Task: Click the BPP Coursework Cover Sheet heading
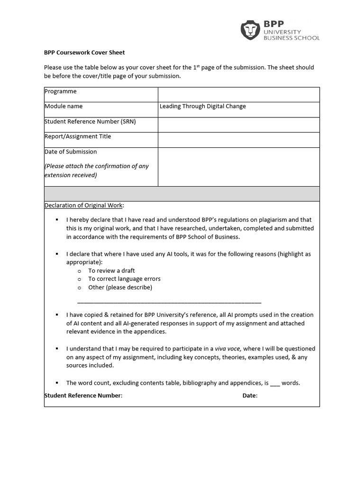pyautogui.click(x=84, y=53)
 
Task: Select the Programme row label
pyautogui.click(x=60, y=91)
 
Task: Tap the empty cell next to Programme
pyautogui.click(x=238, y=95)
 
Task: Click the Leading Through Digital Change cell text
pyautogui.click(x=202, y=106)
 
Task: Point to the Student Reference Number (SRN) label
pyautogui.click(x=90, y=121)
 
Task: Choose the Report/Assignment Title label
pyautogui.click(x=78, y=136)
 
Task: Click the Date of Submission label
pyautogui.click(x=71, y=152)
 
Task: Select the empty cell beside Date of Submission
pyautogui.click(x=238, y=166)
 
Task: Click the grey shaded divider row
pyautogui.click(x=182, y=194)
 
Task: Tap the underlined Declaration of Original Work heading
pyautogui.click(x=84, y=205)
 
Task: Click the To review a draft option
pyautogui.click(x=111, y=270)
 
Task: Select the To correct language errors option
pyautogui.click(x=124, y=279)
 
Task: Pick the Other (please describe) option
pyautogui.click(x=120, y=287)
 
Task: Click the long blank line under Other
pyautogui.click(x=169, y=302)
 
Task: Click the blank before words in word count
pyautogui.click(x=275, y=383)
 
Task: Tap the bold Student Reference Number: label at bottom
pyautogui.click(x=83, y=395)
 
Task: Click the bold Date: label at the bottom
pyautogui.click(x=250, y=395)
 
